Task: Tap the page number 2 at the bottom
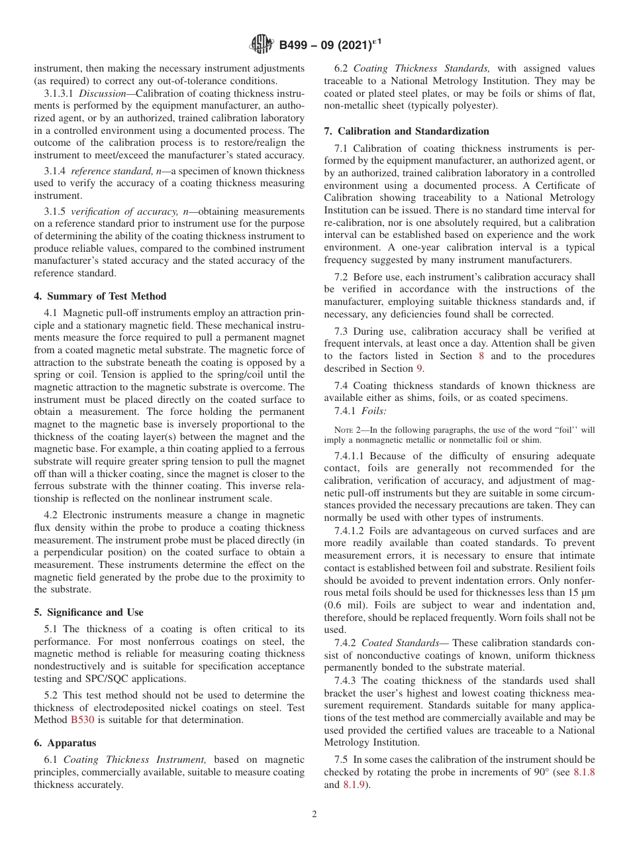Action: pyautogui.click(x=314, y=815)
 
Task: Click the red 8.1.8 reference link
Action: pyautogui.click(x=583, y=772)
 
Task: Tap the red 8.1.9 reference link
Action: pyautogui.click(x=352, y=785)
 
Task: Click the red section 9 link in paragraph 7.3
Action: pyautogui.click(x=418, y=368)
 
